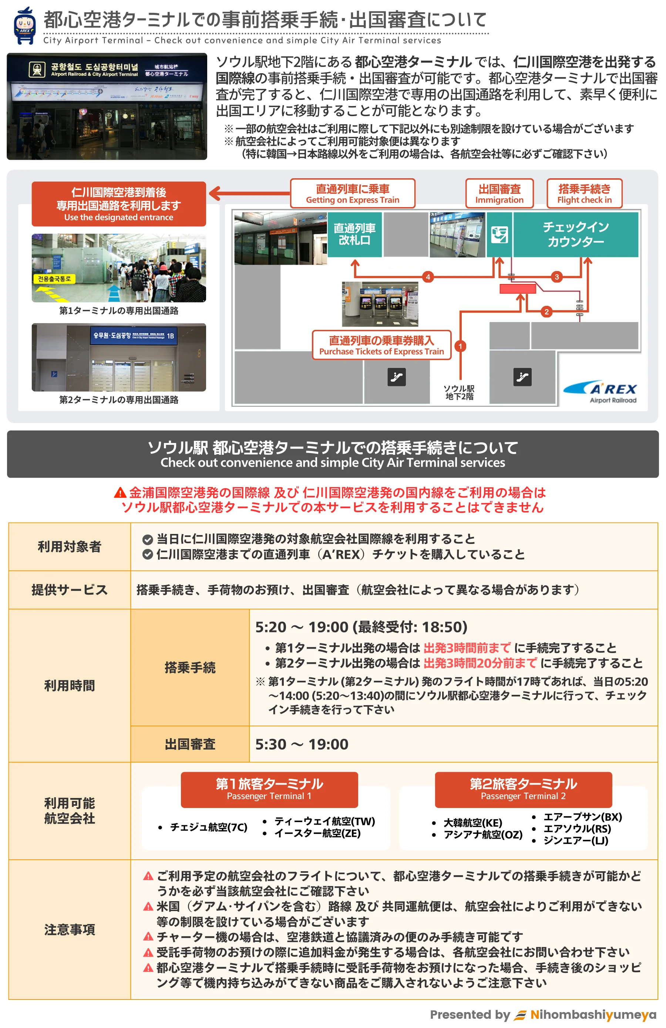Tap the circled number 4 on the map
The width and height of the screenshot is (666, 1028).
[x=427, y=277]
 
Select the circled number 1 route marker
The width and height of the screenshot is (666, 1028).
[x=460, y=346]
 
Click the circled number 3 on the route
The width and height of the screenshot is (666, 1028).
[x=556, y=277]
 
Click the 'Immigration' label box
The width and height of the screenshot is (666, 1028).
[x=499, y=194]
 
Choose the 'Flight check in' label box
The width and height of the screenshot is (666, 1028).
[x=584, y=194]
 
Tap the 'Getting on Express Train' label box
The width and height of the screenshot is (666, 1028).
[x=352, y=194]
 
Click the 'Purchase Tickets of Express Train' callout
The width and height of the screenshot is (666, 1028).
[x=381, y=345]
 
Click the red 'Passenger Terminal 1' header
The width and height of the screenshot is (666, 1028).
[x=269, y=789]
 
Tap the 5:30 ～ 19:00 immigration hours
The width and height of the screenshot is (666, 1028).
[x=302, y=744]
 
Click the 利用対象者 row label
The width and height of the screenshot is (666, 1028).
[x=69, y=547]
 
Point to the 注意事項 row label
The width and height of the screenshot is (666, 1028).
[x=69, y=929]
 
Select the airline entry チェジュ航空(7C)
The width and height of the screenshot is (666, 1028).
[x=208, y=827]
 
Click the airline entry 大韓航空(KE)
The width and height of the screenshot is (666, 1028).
[x=472, y=822]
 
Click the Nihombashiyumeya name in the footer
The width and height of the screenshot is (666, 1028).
[x=593, y=1015]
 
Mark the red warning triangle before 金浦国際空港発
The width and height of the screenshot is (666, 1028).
[x=120, y=493]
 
